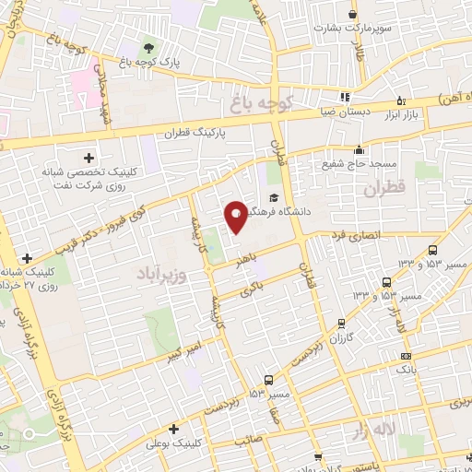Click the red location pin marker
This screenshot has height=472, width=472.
pyautogui.click(x=237, y=217)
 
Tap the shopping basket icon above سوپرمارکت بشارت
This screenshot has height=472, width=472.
pyautogui.click(x=352, y=13)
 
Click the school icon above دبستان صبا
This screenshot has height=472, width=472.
pyautogui.click(x=344, y=96)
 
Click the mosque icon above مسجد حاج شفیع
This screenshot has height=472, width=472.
pyautogui.click(x=358, y=148)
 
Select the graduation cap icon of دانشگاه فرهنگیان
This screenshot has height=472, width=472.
pyautogui.click(x=274, y=197)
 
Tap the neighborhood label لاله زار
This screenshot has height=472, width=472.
pyautogui.click(x=371, y=431)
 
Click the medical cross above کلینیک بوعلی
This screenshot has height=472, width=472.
pyautogui.click(x=173, y=429)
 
